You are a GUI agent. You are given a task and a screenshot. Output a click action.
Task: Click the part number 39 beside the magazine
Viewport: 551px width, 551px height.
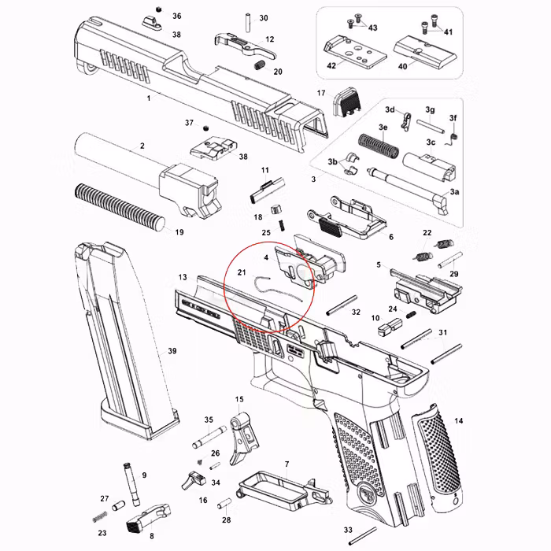coord(172,350)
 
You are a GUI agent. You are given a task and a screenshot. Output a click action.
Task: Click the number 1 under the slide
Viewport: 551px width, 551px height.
coord(148,98)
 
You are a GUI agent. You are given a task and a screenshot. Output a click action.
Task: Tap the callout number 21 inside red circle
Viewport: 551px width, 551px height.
coord(242,273)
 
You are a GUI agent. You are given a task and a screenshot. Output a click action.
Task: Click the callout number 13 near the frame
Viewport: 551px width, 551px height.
coord(183,278)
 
